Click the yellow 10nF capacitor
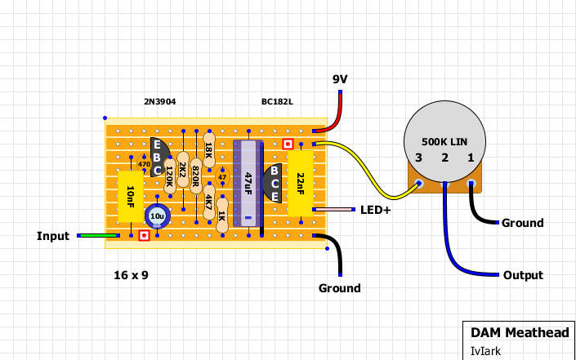[131, 197]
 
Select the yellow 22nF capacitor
[301, 184]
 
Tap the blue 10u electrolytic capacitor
[157, 216]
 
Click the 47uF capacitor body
[248, 184]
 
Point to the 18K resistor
[209, 150]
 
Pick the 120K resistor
[170, 176]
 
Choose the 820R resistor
[196, 176]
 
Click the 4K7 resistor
[209, 202]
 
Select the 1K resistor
[222, 216]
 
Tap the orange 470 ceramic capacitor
[144, 163]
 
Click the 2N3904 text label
[160, 102]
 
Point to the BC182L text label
[277, 102]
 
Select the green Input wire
[98, 235]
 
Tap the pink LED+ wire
[333, 210]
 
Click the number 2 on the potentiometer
[444, 158]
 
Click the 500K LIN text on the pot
[444, 142]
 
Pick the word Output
[523, 275]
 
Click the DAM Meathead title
[520, 332]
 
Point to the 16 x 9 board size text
[132, 275]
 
